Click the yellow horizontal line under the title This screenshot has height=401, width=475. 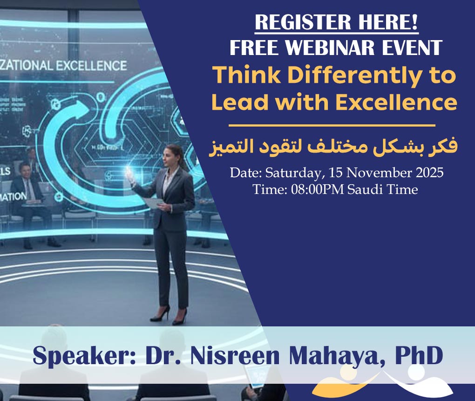pyautogui.click(x=332, y=125)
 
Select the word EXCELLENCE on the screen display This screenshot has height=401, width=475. pyautogui.click(x=91, y=65)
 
